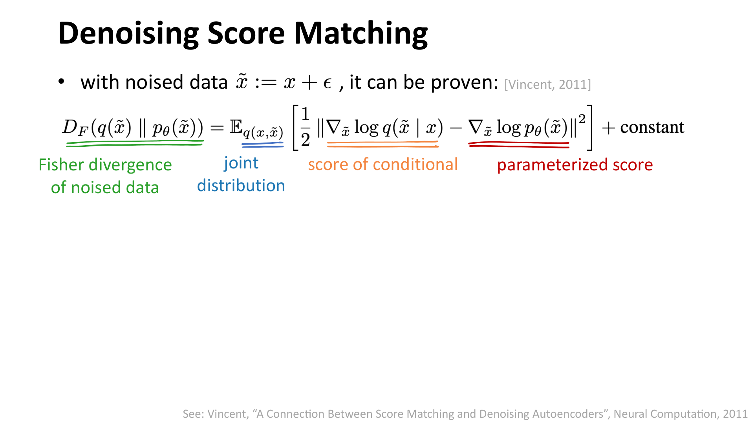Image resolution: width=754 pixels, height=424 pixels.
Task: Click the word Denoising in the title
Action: click(128, 34)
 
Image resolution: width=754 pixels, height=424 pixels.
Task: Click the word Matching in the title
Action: click(361, 34)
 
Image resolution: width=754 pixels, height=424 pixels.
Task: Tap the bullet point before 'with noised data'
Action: click(61, 82)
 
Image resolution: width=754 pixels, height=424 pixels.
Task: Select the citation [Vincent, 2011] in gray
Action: click(547, 84)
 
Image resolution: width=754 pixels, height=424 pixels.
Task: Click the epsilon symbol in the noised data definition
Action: click(328, 83)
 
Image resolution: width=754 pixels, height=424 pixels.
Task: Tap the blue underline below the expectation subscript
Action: click(262, 145)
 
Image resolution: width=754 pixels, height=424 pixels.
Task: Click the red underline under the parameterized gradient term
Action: click(519, 145)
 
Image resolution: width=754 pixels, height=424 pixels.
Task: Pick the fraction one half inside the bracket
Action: click(305, 127)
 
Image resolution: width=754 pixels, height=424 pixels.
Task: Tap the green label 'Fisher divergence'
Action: click(105, 165)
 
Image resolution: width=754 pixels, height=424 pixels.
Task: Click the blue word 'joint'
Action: click(241, 163)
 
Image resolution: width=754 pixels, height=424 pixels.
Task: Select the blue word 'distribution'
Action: click(241, 186)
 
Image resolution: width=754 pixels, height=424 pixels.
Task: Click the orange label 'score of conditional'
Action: click(383, 164)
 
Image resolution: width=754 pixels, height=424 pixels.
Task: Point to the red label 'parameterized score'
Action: click(575, 165)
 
